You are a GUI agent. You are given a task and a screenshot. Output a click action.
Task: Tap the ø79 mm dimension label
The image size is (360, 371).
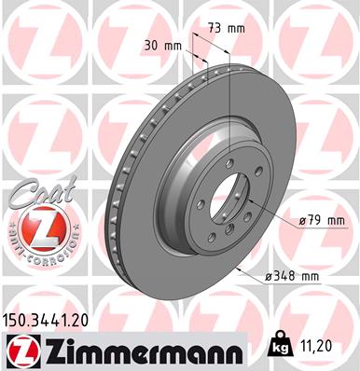(322, 220)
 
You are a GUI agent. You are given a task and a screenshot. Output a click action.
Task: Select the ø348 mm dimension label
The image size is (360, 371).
(297, 276)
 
